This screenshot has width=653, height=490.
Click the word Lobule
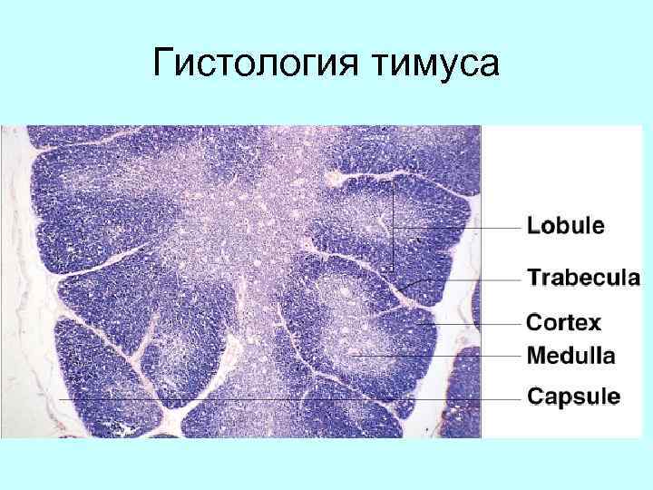566,226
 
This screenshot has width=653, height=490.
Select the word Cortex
564,322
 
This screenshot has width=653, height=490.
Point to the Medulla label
570,356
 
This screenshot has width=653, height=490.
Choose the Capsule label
573,397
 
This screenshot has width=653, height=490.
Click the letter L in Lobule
534,226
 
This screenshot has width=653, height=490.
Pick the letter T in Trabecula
535,277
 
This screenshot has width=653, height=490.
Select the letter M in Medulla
537,356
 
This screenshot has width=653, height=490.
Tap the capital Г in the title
163,64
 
